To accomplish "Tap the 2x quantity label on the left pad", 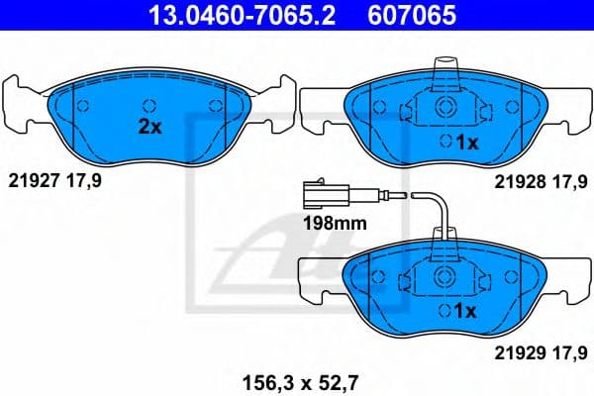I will coord(148,127).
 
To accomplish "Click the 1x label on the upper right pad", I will coord(465,143).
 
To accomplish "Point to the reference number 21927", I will coord(32,180).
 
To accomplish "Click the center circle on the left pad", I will coord(150,103).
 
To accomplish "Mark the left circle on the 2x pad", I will coord(82,106).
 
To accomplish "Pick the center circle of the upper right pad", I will coord(445,108).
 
